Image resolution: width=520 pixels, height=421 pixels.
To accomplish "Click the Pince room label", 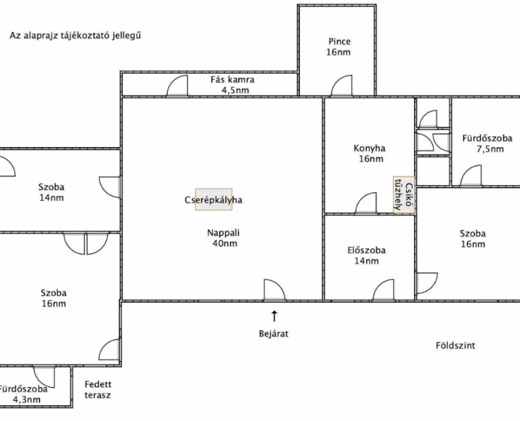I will tap(338, 42).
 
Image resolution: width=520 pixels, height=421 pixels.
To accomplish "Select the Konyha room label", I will tap(369, 148).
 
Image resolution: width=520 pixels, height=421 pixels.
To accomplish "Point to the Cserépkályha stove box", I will tap(214, 200).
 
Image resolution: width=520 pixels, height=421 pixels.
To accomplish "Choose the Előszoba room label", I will tap(366, 251).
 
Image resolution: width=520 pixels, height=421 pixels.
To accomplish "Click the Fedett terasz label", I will tap(98, 390).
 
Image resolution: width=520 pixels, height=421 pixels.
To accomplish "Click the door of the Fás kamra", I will tap(178, 87).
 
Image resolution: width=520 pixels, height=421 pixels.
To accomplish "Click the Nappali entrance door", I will tap(274, 290).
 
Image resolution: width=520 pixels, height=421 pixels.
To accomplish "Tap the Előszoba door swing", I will tap(383, 290).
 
